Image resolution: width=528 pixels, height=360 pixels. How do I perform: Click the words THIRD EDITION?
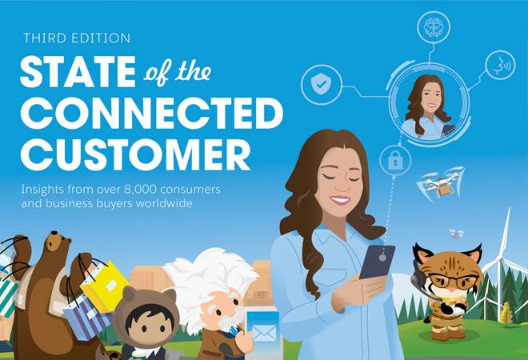77,38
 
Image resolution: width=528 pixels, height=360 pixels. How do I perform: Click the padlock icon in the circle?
396,159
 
